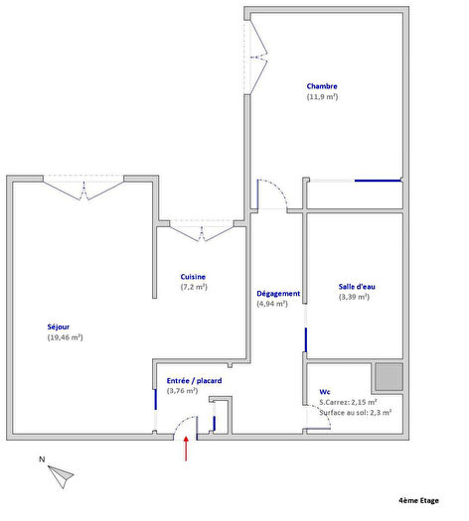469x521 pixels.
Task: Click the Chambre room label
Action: click(322, 86)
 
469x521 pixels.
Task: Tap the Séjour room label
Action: click(59, 326)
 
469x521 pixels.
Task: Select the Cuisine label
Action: click(193, 276)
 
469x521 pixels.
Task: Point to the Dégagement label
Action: click(278, 293)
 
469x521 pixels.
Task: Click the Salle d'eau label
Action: click(357, 286)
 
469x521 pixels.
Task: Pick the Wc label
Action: click(325, 391)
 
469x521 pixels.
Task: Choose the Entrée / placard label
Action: click(196, 379)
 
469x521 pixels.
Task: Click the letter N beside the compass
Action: click(41, 459)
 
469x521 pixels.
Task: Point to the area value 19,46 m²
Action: click(65, 337)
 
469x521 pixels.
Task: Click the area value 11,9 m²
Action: click(322, 97)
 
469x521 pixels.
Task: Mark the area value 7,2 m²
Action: click(194, 287)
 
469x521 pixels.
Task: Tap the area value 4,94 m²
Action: click(272, 304)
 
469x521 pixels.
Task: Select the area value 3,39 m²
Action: click(354, 297)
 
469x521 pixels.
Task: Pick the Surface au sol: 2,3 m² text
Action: click(355, 412)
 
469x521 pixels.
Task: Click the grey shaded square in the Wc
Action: click(387, 375)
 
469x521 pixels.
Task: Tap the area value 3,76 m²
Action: click(183, 390)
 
